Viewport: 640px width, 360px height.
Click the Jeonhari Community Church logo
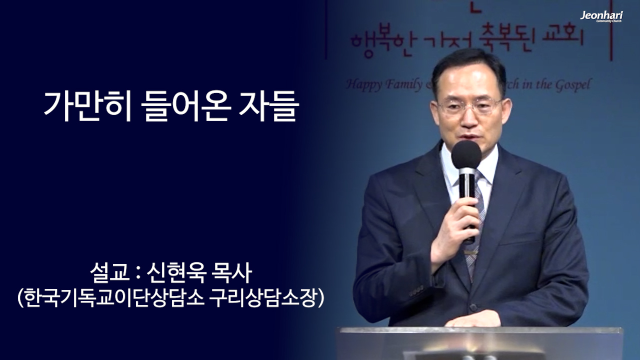pos(601,16)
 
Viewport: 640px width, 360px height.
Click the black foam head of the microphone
pos(466,155)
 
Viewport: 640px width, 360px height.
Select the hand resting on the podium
pos(472,318)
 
